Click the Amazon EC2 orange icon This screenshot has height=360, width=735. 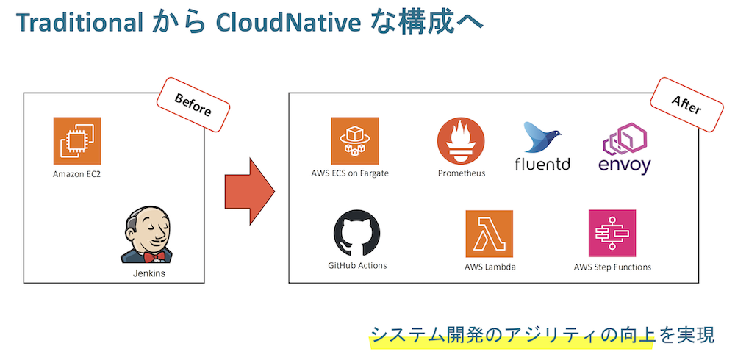click(x=77, y=140)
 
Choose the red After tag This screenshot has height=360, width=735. click(x=686, y=106)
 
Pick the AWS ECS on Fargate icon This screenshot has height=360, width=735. click(x=355, y=140)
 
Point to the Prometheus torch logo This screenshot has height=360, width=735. click(x=461, y=141)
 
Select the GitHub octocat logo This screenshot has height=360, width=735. click(x=357, y=233)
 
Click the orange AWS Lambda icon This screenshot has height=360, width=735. click(x=489, y=234)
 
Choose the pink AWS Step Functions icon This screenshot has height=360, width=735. click(x=612, y=234)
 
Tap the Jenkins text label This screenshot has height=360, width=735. click(x=148, y=273)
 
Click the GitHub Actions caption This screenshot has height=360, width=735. click(x=357, y=265)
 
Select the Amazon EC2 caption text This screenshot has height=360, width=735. click(x=76, y=174)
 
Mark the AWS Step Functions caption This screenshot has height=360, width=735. click(x=612, y=267)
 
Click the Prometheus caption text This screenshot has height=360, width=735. click(x=462, y=173)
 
